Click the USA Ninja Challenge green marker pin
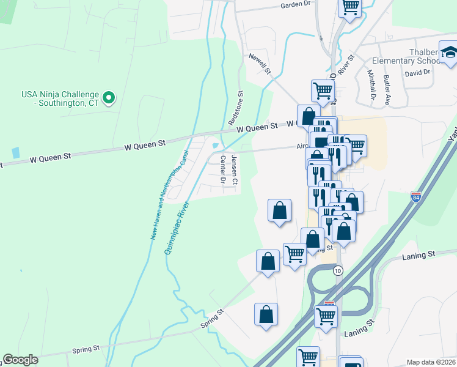[x=108, y=97]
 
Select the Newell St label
[x=259, y=63]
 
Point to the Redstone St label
[x=236, y=109]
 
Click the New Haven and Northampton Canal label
[x=167, y=195]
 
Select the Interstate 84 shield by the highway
[x=415, y=197]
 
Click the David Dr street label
[x=417, y=72]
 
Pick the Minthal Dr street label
[x=371, y=85]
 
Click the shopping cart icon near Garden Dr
[x=351, y=7]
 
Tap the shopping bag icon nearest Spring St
[x=266, y=314]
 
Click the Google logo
[x=21, y=360]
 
